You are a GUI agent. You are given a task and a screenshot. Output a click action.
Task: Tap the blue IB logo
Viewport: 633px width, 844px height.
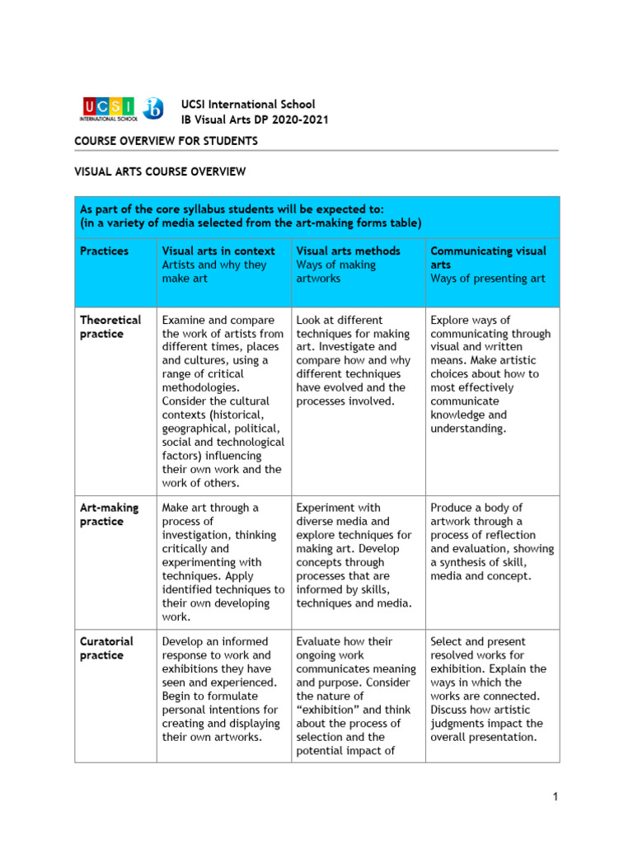(x=153, y=108)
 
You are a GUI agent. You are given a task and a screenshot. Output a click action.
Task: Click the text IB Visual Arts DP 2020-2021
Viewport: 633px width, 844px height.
(x=255, y=120)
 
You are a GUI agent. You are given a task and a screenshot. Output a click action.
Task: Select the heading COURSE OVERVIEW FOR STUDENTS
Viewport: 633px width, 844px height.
(x=166, y=141)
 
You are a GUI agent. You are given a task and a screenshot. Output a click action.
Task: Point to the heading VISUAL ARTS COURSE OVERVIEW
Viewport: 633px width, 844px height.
(x=160, y=171)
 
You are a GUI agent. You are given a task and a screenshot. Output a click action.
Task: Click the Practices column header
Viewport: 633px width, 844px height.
(x=104, y=251)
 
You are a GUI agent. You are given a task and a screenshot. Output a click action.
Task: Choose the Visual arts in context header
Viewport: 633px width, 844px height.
(x=218, y=251)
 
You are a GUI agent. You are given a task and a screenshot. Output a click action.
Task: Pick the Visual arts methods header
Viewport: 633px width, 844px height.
(x=348, y=251)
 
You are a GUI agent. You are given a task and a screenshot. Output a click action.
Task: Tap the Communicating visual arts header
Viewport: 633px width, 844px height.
(x=487, y=257)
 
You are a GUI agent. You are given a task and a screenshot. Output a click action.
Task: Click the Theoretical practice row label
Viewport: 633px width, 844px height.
(x=110, y=326)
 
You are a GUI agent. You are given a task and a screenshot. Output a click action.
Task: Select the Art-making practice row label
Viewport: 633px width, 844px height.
(x=109, y=514)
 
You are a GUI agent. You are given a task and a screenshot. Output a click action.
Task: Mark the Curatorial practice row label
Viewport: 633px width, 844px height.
(x=106, y=648)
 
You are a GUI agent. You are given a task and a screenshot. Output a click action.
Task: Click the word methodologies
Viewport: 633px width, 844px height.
(x=201, y=387)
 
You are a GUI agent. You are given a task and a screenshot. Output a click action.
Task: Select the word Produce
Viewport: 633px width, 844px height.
(x=452, y=508)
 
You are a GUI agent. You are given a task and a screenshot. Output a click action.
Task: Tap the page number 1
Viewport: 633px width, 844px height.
(x=556, y=796)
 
